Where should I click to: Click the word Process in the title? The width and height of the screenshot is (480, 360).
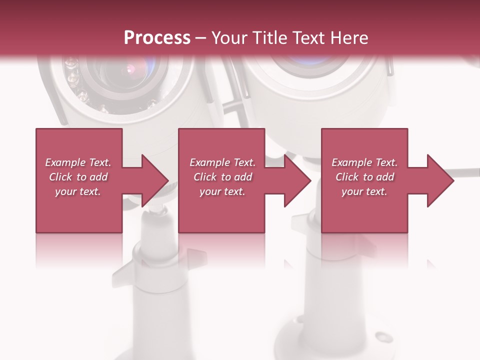(x=157, y=38)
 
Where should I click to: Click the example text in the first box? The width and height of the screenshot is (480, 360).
(x=78, y=177)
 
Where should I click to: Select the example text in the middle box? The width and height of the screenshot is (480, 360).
(x=222, y=177)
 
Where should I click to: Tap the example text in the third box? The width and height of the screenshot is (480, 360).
(x=364, y=177)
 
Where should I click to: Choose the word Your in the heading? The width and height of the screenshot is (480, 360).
(x=227, y=38)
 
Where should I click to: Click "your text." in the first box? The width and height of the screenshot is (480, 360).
(x=78, y=191)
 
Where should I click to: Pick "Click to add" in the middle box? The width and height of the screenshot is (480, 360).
(x=223, y=177)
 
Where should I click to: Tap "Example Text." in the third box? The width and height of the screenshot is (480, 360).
(x=364, y=162)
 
